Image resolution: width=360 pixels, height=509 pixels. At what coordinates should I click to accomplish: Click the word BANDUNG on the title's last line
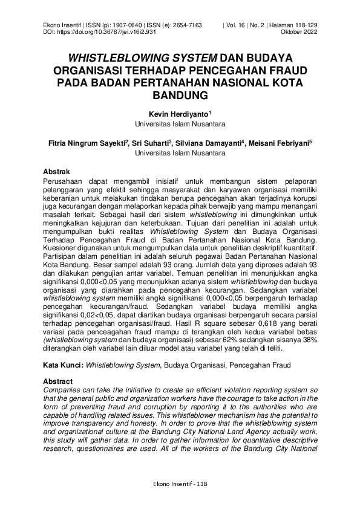tap(180, 95)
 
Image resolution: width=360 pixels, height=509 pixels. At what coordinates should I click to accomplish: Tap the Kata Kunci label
tap(64, 366)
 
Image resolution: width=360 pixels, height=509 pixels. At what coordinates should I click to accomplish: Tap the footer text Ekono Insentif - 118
tap(180, 484)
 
